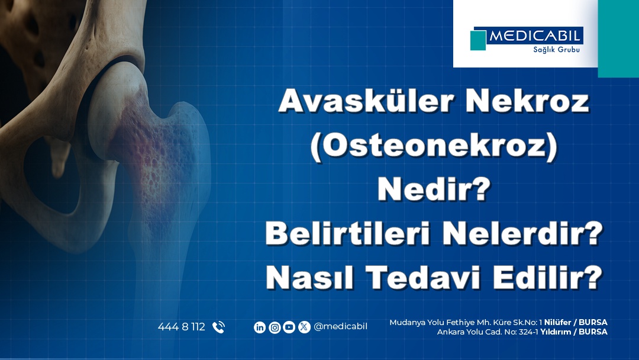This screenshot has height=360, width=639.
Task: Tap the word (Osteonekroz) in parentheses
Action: click(434, 146)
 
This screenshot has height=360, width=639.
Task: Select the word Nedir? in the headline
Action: click(434, 191)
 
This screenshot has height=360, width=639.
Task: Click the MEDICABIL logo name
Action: click(535, 37)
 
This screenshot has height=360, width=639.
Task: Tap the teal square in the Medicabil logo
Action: click(478, 40)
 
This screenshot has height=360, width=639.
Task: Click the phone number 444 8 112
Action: click(181, 327)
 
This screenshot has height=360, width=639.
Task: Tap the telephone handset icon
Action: click(218, 327)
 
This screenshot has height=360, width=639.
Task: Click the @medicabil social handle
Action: click(340, 327)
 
